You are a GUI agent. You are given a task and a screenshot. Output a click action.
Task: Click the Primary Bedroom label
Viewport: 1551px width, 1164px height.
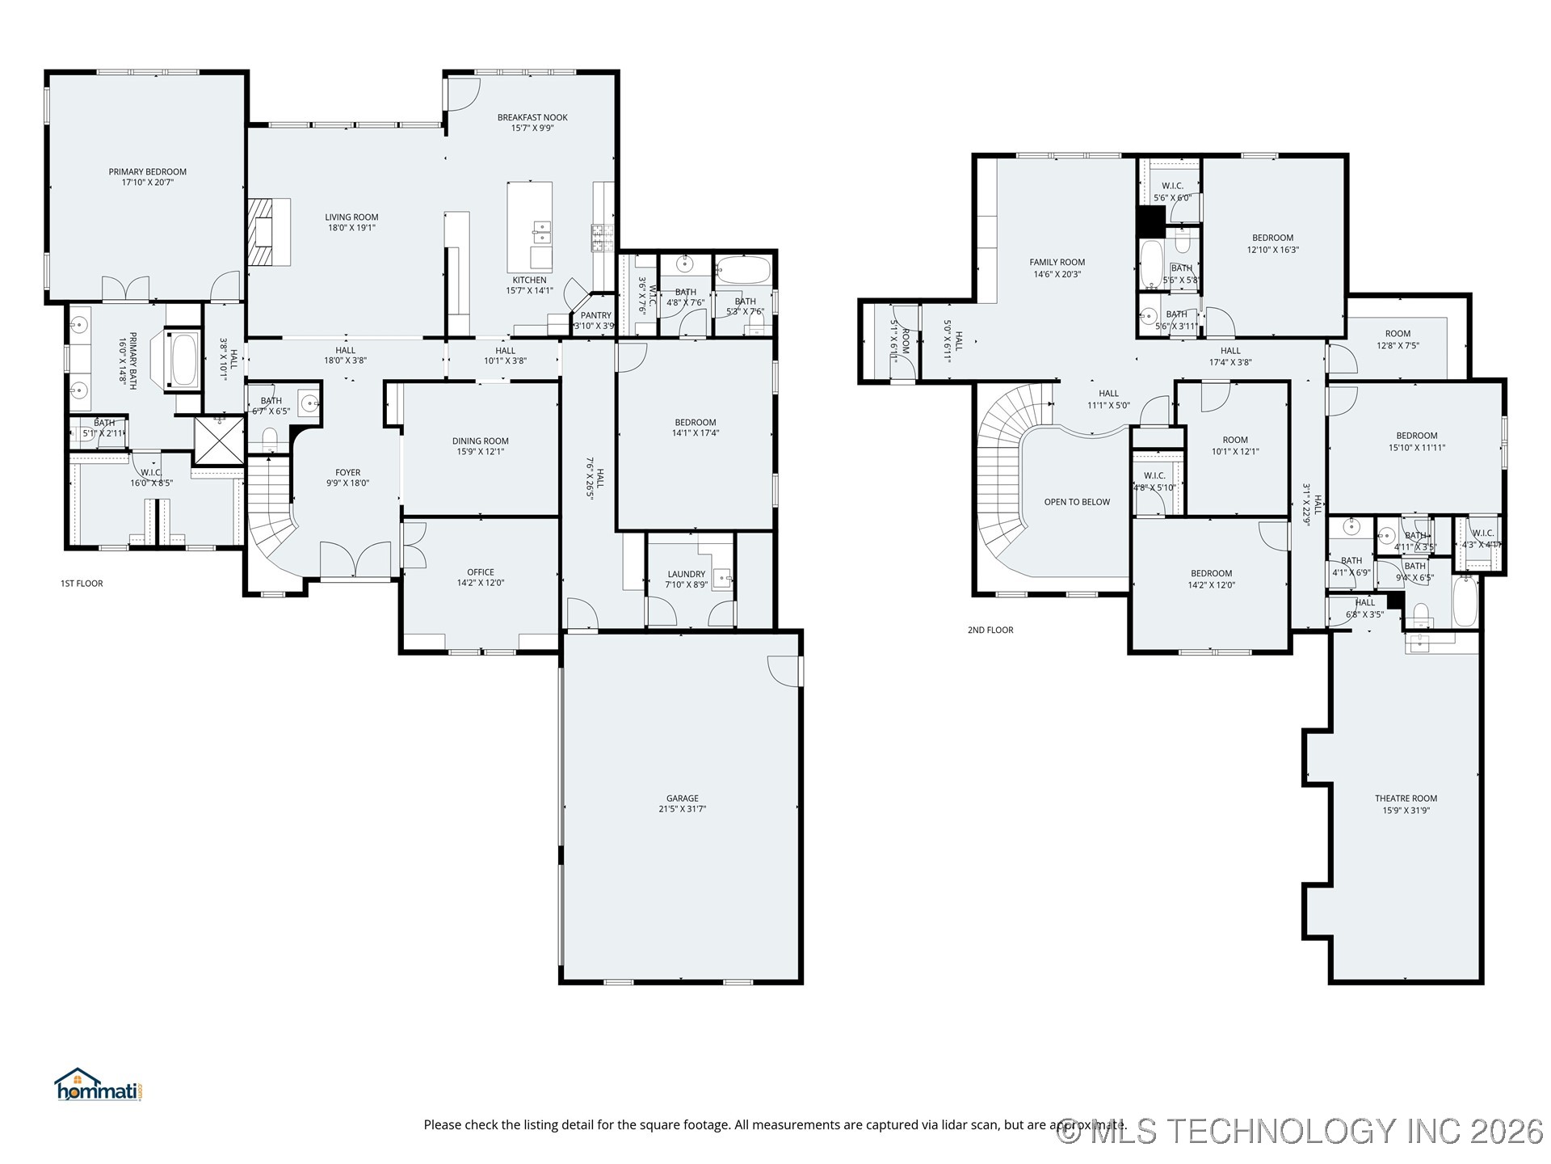(148, 172)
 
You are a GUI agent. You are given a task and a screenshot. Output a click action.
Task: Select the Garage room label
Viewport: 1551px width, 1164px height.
(682, 799)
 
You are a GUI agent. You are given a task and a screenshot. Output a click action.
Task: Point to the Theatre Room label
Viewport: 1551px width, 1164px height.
(1406, 799)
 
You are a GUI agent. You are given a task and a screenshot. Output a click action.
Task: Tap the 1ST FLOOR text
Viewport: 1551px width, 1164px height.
(82, 584)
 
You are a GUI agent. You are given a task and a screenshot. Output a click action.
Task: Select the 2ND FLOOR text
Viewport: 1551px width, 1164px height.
(990, 630)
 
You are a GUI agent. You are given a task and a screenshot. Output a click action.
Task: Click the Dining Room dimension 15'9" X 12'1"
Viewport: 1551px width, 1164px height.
(480, 452)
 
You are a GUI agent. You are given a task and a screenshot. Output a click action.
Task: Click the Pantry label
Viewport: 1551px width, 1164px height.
(596, 315)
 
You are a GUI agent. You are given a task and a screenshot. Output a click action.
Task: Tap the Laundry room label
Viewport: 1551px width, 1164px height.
(686, 574)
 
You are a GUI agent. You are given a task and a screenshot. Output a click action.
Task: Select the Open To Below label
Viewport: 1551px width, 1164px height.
(1077, 502)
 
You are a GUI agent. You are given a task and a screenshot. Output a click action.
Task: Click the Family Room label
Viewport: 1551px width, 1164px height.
(1057, 262)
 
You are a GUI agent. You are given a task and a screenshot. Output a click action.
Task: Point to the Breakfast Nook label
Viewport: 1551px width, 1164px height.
(532, 117)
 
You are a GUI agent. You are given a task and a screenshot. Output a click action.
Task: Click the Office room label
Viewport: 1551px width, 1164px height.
(480, 572)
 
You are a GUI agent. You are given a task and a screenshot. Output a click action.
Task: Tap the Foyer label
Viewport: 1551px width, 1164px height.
(348, 473)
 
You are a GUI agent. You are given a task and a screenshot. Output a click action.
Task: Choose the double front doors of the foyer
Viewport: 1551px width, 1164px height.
(356, 559)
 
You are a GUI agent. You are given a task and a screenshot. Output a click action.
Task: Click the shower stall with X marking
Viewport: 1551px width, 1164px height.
(219, 440)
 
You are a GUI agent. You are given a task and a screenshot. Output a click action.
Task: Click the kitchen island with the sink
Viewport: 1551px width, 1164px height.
(530, 227)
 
